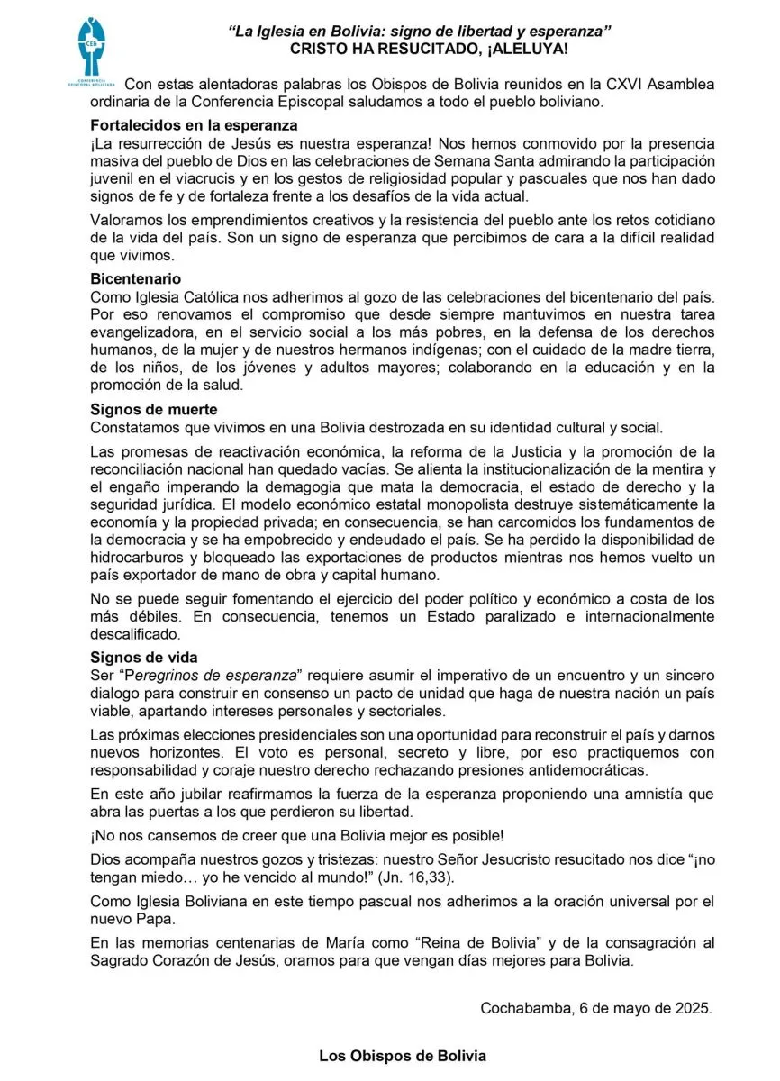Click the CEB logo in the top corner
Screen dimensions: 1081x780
[x=92, y=51]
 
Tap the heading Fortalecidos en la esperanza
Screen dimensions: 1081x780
[x=194, y=125]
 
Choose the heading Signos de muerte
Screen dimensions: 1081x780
[x=154, y=409]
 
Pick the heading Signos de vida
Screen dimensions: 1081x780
[x=144, y=657]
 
